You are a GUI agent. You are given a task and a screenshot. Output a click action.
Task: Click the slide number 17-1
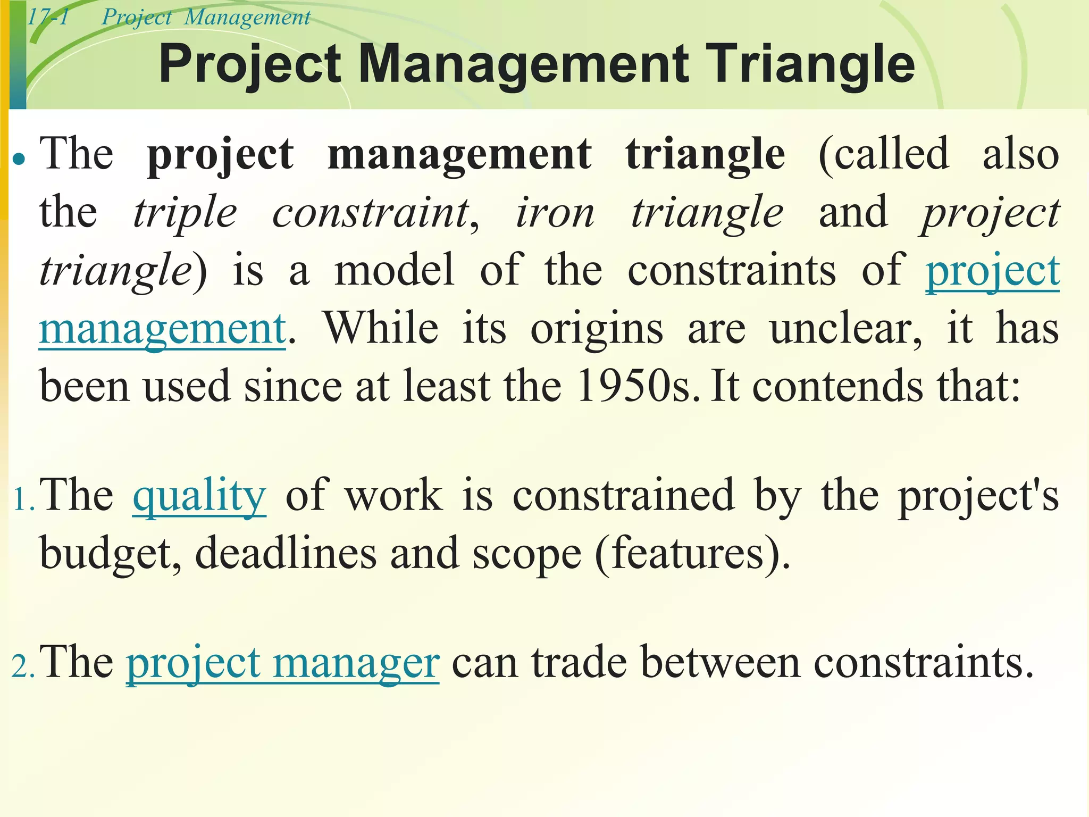(48, 18)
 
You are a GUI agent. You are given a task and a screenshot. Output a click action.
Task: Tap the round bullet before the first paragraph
(19, 159)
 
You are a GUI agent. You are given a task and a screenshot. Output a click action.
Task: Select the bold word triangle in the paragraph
(705, 154)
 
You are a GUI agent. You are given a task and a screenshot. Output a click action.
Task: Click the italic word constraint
(371, 213)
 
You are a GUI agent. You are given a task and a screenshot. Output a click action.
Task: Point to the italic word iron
(555, 213)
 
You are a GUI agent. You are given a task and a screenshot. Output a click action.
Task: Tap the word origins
(597, 330)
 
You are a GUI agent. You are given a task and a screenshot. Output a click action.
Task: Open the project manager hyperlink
(282, 663)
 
